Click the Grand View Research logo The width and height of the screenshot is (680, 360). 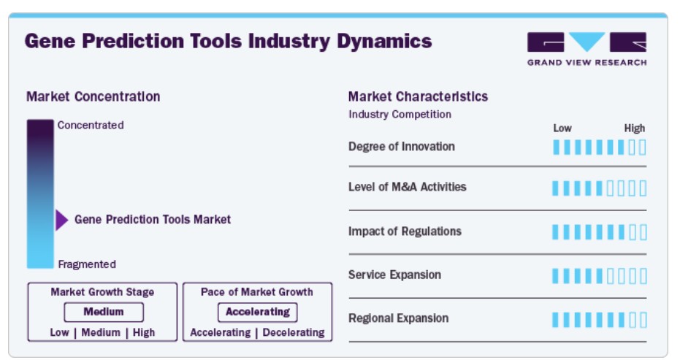(x=587, y=49)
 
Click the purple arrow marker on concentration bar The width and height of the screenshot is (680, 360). (x=61, y=220)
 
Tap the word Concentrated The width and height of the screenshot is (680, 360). (x=91, y=126)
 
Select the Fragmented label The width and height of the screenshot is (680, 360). (x=87, y=264)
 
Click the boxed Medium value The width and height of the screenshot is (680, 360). (x=104, y=312)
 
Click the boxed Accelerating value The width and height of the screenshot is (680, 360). (x=258, y=312)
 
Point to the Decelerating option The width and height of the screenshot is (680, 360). (x=294, y=333)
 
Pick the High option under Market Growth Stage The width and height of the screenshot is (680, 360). (x=144, y=333)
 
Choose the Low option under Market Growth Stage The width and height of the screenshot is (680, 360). (x=59, y=333)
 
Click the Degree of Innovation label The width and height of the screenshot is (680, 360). (x=402, y=147)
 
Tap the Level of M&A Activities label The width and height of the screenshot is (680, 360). (x=408, y=187)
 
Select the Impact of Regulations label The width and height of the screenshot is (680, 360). (x=405, y=231)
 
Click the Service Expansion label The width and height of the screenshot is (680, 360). (x=394, y=275)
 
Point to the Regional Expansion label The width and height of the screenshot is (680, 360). (x=399, y=318)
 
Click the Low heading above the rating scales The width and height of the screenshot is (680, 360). (x=562, y=129)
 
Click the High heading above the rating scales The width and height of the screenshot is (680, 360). (x=635, y=129)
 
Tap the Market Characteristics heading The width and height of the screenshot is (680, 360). (x=418, y=96)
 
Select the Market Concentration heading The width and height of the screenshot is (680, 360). (x=93, y=96)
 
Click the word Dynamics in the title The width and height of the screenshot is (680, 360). (x=384, y=42)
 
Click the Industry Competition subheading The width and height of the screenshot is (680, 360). (x=400, y=115)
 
